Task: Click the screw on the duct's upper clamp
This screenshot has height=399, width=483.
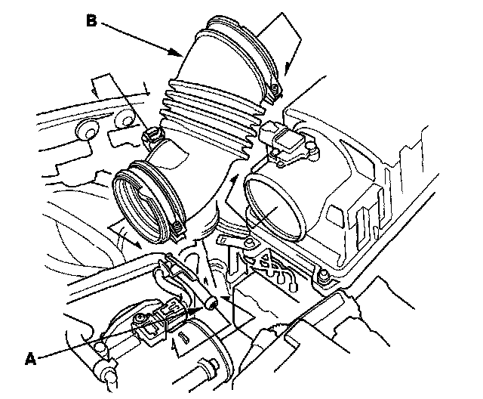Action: point(275,93)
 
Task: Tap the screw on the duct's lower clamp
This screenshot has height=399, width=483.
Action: point(176,225)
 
